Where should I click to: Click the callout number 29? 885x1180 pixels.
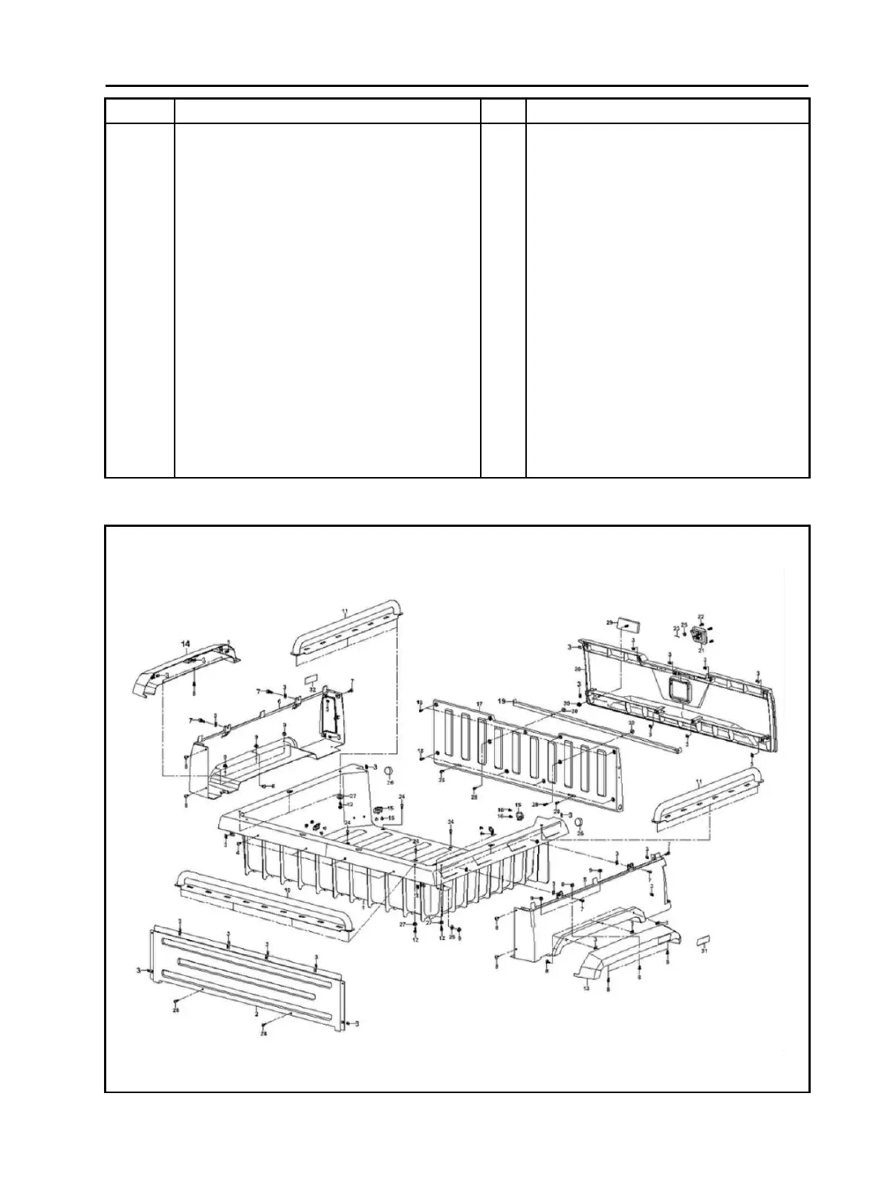tap(609, 622)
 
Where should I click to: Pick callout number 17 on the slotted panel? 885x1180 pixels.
tap(479, 704)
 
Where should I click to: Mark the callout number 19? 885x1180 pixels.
tap(502, 701)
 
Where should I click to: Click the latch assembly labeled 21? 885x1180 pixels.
tap(699, 636)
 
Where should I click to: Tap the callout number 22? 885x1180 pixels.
tap(700, 617)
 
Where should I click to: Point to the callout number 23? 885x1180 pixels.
tap(675, 629)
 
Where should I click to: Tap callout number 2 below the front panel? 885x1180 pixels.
tap(256, 1013)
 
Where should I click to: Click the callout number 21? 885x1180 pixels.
tap(701, 650)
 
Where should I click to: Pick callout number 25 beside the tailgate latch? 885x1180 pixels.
tap(684, 624)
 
